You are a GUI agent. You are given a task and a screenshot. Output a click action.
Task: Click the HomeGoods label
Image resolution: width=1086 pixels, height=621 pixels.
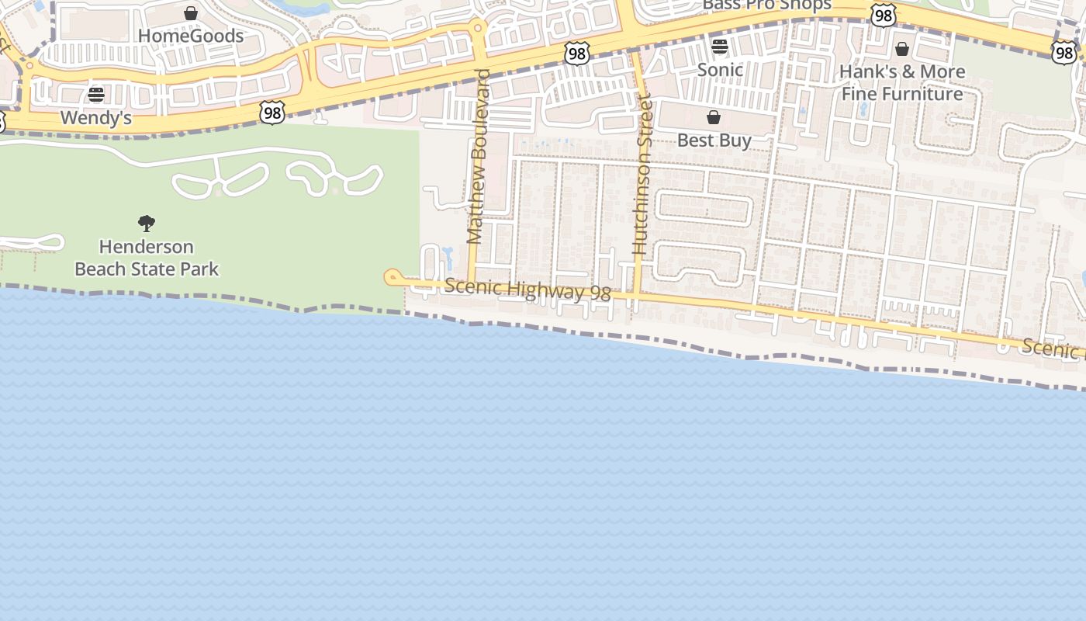pos(191,36)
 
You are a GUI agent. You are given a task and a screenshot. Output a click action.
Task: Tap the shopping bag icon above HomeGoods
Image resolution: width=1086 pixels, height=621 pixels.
pos(191,13)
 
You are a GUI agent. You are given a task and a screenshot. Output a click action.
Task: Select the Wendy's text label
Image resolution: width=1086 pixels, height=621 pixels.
pos(96,118)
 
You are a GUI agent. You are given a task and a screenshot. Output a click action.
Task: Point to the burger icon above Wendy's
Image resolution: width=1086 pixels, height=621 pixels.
pos(96,95)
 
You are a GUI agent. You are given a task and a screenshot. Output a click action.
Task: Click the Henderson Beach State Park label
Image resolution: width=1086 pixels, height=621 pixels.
pos(147,258)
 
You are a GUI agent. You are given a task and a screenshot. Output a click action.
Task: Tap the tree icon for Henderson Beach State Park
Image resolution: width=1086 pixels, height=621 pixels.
pos(147,224)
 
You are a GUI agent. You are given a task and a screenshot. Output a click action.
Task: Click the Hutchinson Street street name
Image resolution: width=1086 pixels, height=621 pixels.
pos(641,175)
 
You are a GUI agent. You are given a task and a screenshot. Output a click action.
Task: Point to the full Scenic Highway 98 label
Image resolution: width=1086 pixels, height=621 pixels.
pos(527,290)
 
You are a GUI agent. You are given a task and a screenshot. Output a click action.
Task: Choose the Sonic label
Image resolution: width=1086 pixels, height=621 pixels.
pos(720,70)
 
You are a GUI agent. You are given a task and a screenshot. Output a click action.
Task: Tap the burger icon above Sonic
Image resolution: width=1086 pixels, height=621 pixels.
pos(720,47)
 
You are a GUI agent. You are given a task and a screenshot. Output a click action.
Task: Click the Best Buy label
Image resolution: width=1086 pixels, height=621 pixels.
pos(714,141)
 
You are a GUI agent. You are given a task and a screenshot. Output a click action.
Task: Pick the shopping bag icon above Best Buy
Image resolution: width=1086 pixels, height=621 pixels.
pos(714,118)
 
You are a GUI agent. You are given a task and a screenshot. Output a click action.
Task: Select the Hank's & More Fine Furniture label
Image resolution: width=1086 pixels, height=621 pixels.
pos(902,82)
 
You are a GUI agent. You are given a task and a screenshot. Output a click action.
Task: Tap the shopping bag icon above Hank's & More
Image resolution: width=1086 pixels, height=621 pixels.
pos(902,50)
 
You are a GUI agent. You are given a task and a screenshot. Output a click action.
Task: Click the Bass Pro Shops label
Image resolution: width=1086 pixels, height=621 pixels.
pos(766,5)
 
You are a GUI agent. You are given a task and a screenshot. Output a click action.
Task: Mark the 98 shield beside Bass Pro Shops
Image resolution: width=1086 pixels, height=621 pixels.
pos(884,15)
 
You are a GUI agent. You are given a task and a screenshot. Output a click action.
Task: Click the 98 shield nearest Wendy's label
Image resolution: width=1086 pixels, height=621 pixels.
pos(272,113)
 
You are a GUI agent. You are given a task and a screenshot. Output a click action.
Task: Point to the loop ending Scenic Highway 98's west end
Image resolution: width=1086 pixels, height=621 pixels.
pos(393,277)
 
